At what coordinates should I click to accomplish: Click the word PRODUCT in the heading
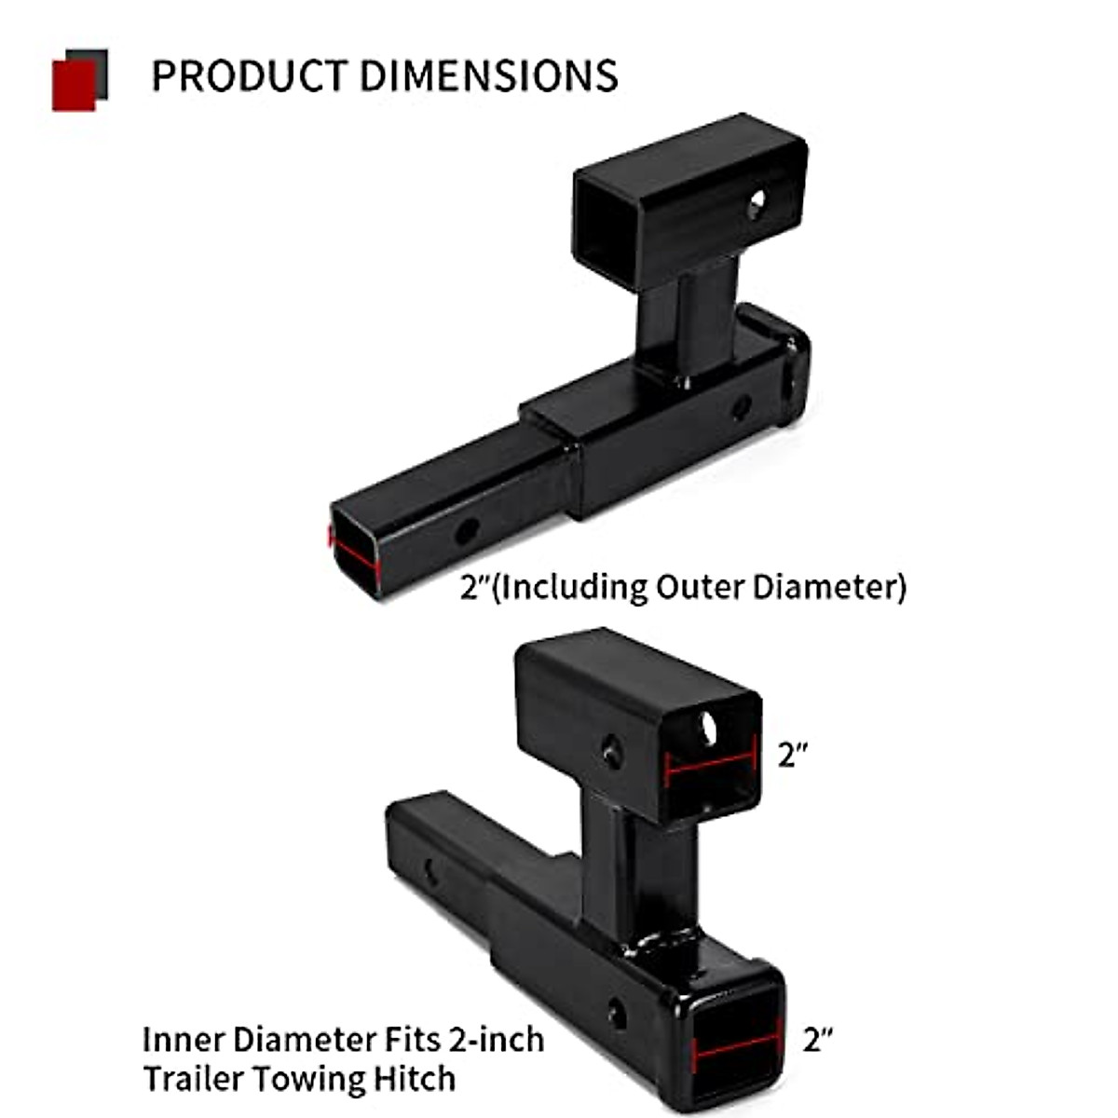point(250,76)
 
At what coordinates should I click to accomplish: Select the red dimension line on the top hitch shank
point(354,552)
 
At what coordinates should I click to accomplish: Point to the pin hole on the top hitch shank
point(465,532)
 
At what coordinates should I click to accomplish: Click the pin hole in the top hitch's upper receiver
point(756,201)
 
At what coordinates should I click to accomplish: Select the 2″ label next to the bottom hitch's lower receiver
point(817,1039)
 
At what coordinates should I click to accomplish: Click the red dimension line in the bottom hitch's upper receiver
point(710,762)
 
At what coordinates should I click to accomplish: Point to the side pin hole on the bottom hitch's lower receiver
point(617,1013)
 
